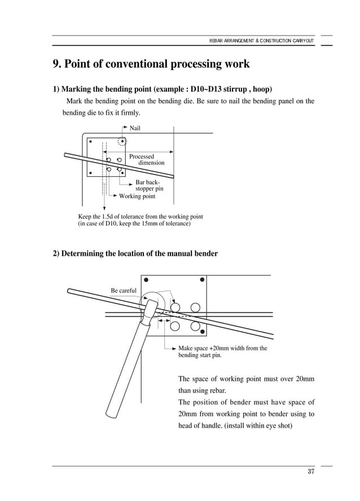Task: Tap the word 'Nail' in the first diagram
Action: coord(135,128)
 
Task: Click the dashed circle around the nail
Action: coord(122,141)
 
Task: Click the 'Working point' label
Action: coord(137,197)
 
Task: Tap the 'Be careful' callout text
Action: coord(124,290)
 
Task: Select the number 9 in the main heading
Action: coord(56,64)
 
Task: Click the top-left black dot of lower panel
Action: coord(146,280)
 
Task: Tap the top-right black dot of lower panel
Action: coord(202,280)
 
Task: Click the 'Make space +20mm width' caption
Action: coord(222,348)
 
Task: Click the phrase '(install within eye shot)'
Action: coord(258,425)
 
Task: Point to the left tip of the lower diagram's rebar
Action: coord(69,291)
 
